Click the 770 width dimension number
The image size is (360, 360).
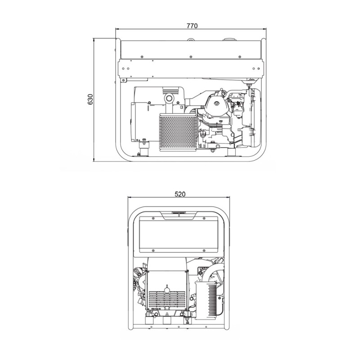[x=192, y=26]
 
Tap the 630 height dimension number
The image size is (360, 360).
[x=90, y=99]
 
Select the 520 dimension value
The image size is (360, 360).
[x=180, y=194]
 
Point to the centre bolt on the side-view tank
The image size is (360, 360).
[x=190, y=57]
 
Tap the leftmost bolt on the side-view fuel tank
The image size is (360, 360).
[x=142, y=57]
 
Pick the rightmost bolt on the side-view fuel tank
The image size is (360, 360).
[x=240, y=57]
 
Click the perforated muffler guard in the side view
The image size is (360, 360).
[x=178, y=132]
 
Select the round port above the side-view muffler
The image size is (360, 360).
[x=170, y=99]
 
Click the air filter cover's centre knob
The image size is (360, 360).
[x=216, y=103]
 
